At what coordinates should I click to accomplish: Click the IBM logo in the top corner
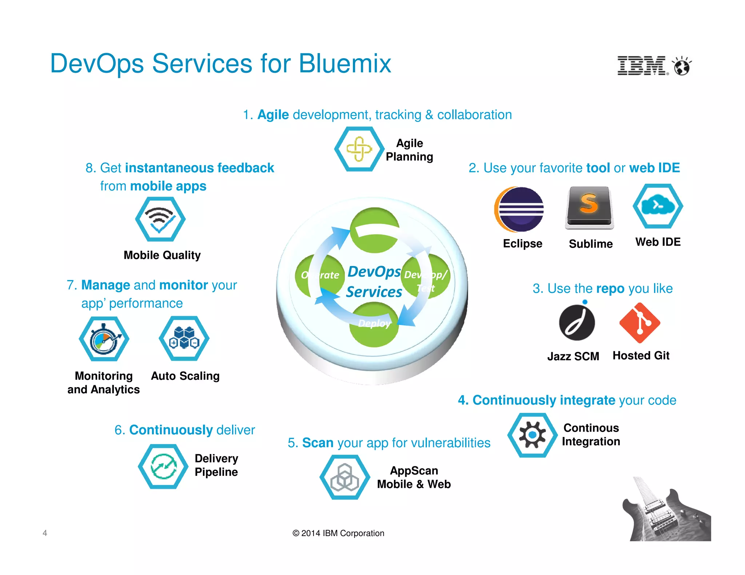click(642, 66)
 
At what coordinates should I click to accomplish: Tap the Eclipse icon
click(519, 209)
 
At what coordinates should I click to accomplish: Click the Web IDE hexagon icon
click(658, 206)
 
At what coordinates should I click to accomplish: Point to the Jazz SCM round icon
click(577, 322)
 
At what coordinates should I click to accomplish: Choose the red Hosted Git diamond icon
click(640, 323)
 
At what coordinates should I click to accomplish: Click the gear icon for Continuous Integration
click(532, 435)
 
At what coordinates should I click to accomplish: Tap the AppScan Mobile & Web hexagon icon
click(344, 477)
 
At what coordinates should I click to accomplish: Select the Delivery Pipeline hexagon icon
click(163, 466)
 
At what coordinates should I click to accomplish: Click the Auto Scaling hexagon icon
click(184, 338)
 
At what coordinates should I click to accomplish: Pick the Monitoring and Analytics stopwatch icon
click(104, 339)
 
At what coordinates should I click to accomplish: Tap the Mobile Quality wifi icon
click(160, 219)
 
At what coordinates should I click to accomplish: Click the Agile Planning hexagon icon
click(359, 149)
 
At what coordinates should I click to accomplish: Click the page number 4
click(45, 533)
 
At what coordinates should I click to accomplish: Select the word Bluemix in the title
click(344, 64)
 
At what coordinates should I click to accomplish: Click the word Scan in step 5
click(318, 443)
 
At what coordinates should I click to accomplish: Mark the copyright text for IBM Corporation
click(338, 533)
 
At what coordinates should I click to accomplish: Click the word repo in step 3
click(610, 289)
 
